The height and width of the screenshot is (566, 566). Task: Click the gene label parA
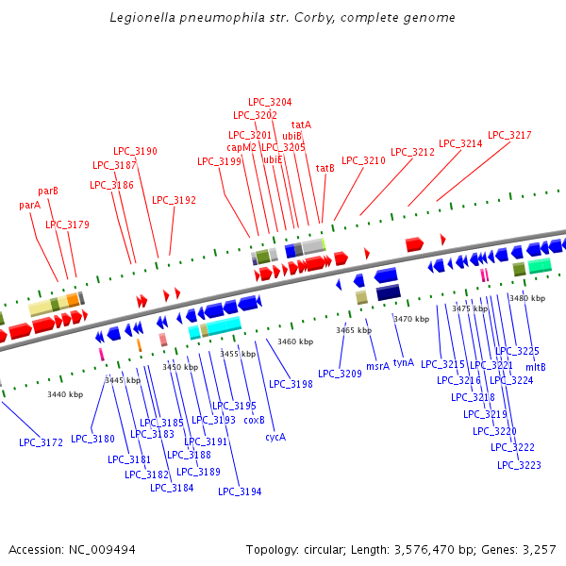(29, 205)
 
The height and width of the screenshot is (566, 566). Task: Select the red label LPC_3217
(509, 135)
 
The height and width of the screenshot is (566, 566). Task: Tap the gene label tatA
(301, 125)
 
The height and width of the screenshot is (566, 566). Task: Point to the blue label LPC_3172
(41, 442)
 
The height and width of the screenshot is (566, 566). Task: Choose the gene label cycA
(275, 437)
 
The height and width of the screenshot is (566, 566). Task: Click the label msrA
(377, 365)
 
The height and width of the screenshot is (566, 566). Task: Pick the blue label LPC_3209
(340, 374)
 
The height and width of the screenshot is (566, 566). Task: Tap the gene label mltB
(536, 367)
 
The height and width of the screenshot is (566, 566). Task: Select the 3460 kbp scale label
(294, 341)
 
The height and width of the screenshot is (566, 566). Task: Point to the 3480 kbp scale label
(526, 298)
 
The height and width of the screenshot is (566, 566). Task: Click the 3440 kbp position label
(65, 394)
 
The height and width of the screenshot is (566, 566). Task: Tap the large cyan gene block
(223, 325)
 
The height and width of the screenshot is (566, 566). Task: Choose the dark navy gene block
(389, 293)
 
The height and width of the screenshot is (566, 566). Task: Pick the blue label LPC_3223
(519, 465)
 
